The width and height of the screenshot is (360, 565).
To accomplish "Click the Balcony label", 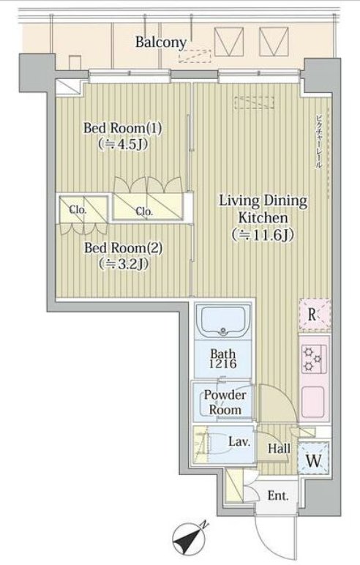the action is point(161,42).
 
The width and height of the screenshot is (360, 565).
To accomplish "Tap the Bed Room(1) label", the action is point(122,128).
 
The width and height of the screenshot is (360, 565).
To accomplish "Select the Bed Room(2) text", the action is point(123,248).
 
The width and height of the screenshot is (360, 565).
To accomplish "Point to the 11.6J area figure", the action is point(263,235).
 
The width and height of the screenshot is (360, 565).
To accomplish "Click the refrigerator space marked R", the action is point(315,314).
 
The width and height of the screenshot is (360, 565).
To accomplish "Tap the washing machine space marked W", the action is point(314,457).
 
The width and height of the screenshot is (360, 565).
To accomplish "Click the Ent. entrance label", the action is point(278,496).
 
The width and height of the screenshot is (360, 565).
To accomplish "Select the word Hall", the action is point(280,449).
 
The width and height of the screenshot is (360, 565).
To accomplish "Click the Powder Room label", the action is point(225,402).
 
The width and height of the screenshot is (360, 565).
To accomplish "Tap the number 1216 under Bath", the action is point(223,364).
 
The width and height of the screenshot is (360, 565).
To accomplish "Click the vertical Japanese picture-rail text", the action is point(318,141).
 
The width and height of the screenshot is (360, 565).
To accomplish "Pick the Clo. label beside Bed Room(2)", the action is point(78,210).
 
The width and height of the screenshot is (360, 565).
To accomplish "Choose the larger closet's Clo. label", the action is point(144,212).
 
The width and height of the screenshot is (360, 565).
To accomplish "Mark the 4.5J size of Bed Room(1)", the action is point(123,143).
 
